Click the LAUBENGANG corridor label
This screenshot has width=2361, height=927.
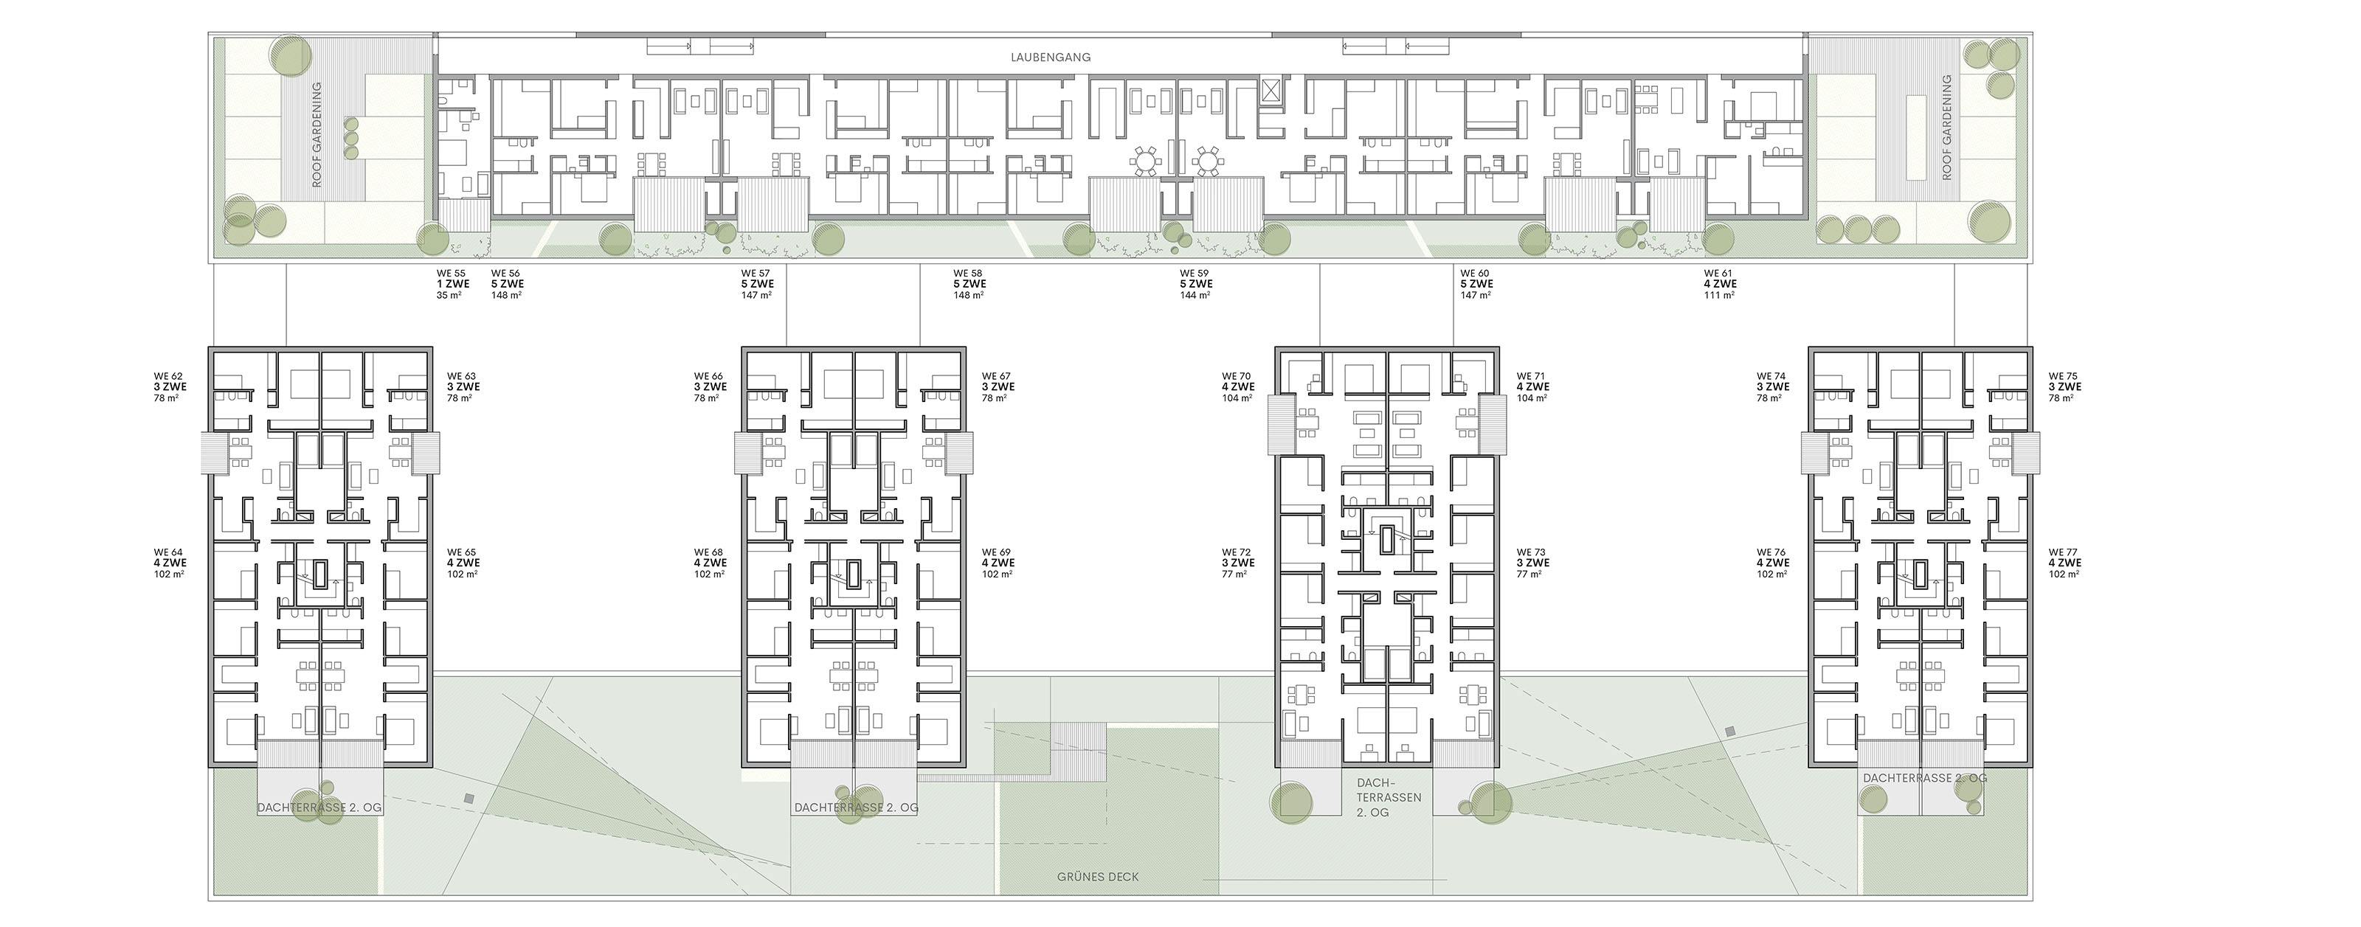[x=1051, y=57]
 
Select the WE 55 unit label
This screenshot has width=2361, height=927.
[x=451, y=273]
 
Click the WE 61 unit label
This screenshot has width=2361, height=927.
[x=1718, y=273]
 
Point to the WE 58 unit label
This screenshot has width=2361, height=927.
[x=968, y=273]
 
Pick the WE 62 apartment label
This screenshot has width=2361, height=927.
[x=169, y=375]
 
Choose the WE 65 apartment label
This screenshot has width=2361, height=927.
[x=462, y=552]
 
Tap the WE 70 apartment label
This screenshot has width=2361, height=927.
[x=1237, y=375]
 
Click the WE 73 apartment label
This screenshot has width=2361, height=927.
[x=1532, y=552]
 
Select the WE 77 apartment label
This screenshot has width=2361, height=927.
[x=2063, y=552]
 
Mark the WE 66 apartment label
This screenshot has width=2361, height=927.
[x=708, y=375]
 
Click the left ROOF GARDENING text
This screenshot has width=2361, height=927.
[x=317, y=135]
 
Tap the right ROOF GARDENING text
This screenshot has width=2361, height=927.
[x=1947, y=128]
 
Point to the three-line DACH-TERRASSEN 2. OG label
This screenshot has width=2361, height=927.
[x=1389, y=797]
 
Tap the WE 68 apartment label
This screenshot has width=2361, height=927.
[x=708, y=552]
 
